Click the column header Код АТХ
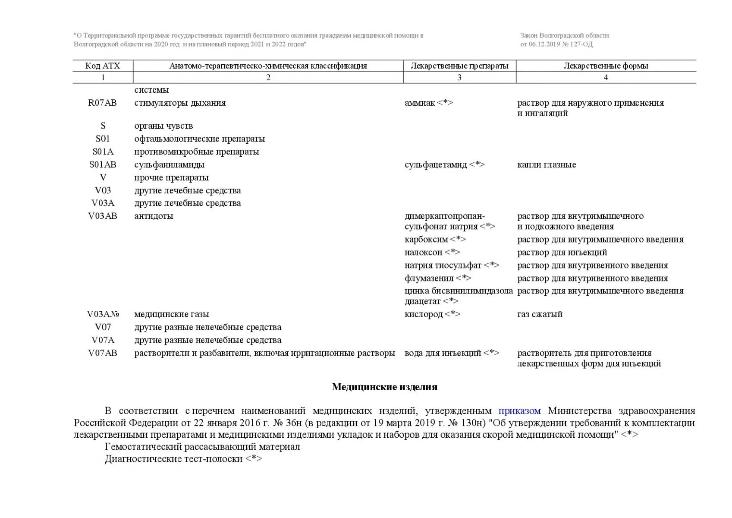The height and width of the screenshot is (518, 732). [103, 66]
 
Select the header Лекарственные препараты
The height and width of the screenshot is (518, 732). [459, 66]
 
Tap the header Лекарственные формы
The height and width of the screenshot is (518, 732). [606, 66]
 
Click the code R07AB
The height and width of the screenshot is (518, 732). [103, 103]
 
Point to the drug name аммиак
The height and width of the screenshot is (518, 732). [420, 103]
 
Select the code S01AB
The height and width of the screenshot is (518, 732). [103, 165]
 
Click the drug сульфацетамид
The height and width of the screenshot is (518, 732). [436, 165]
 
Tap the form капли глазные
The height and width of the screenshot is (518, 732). [547, 165]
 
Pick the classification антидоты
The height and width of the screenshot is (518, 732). [154, 216]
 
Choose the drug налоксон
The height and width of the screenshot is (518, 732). [424, 253]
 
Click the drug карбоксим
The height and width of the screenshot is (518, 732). [426, 240]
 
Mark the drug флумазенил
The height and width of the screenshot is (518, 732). [429, 278]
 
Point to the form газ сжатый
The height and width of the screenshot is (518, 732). [540, 315]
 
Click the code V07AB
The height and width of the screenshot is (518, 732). [103, 354]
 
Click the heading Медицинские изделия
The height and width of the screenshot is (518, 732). [384, 387]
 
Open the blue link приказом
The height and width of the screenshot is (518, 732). [519, 411]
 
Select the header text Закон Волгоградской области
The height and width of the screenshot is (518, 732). [564, 36]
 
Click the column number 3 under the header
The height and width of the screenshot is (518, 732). [459, 78]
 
